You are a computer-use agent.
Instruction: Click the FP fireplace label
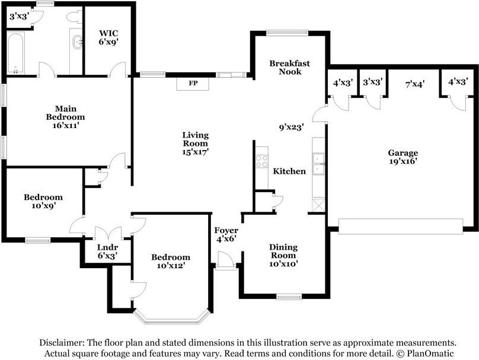coord(193,83)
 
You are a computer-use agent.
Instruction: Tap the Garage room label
coord(403,157)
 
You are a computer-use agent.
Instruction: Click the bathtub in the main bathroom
coord(15,53)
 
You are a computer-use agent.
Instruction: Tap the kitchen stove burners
coord(261,161)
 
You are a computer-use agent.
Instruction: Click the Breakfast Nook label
coord(289,67)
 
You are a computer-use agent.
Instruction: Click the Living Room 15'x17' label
coord(195,143)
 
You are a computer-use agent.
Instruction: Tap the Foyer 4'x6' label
coord(226,234)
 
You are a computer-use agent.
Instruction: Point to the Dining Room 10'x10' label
coord(283,255)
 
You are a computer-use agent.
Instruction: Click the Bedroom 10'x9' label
coord(43,201)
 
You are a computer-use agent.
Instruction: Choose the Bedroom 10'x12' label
coord(171,261)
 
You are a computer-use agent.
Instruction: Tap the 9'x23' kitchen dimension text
coord(292,126)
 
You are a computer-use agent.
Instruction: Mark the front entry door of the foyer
coord(225,260)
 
